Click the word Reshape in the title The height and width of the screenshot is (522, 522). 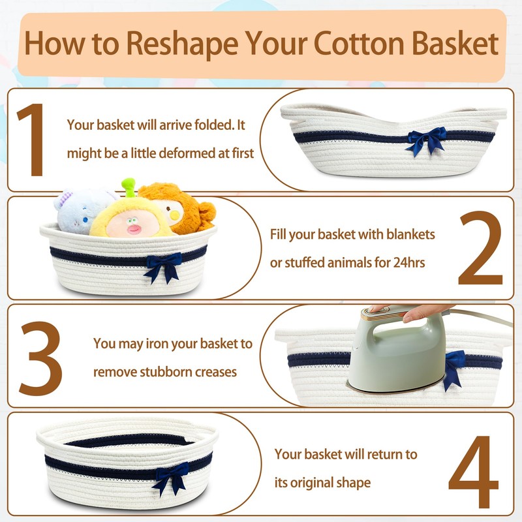[183, 44]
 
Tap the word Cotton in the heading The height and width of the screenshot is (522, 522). [360, 43]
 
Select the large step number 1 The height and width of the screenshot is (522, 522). [31, 140]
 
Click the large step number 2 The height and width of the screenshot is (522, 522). [480, 248]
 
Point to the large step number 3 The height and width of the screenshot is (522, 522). [40, 358]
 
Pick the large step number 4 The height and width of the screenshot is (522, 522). [474, 472]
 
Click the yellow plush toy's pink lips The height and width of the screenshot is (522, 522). [134, 229]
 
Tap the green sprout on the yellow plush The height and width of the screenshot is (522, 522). [129, 187]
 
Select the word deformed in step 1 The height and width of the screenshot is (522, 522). [180, 153]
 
